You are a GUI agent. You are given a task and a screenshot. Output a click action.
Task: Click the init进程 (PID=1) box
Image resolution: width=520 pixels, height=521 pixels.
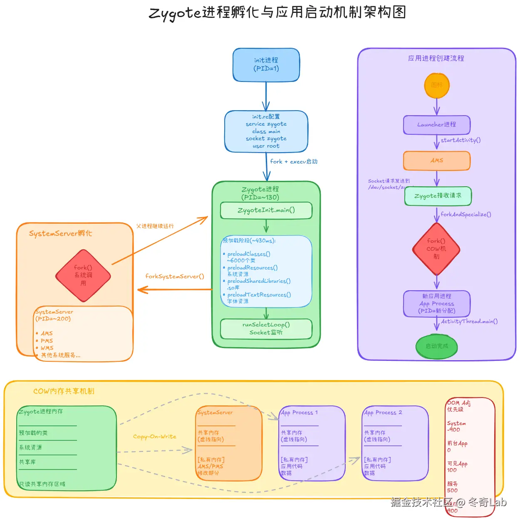(x=266, y=64)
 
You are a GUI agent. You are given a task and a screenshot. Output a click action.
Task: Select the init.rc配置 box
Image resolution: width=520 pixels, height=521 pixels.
(x=266, y=131)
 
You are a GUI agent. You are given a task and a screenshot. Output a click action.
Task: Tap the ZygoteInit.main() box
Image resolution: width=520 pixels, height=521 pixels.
(x=266, y=210)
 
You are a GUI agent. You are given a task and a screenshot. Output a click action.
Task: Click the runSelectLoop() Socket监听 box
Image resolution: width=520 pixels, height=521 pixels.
(x=266, y=328)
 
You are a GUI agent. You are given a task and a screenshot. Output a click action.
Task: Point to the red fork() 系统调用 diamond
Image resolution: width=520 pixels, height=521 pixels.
(x=83, y=275)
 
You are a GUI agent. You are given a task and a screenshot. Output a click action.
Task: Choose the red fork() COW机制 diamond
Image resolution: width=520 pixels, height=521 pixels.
(x=436, y=249)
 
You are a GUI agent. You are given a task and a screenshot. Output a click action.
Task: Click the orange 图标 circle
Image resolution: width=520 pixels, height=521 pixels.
(x=437, y=85)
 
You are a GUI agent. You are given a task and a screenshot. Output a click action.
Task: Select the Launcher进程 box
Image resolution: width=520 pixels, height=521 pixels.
(x=437, y=125)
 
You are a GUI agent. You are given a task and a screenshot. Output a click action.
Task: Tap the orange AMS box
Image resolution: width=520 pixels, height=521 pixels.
(x=437, y=160)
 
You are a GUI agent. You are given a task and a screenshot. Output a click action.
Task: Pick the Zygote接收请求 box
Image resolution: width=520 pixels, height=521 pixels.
(x=438, y=196)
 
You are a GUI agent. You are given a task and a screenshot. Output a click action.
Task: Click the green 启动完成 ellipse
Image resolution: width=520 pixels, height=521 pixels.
(x=437, y=346)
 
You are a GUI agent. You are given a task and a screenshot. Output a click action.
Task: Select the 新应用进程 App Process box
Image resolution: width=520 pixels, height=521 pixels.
(x=437, y=304)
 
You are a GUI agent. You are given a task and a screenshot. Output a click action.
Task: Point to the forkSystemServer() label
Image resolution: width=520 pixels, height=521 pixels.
(x=175, y=277)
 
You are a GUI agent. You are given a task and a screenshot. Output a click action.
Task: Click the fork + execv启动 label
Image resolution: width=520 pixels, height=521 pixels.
(x=294, y=162)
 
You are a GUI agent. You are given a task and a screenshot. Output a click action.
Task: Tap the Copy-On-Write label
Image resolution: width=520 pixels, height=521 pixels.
(x=155, y=437)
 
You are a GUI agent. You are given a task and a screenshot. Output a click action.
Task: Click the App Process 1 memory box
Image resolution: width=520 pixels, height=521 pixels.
(x=312, y=443)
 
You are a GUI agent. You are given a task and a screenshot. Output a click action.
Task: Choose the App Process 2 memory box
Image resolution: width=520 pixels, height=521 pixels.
(x=395, y=443)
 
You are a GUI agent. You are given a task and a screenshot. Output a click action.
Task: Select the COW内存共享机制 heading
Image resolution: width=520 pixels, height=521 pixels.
(x=64, y=391)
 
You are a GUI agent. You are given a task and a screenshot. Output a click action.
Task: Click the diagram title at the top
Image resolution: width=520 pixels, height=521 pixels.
(x=277, y=12)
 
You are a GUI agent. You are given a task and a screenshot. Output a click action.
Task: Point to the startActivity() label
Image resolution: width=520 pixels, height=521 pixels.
(x=461, y=140)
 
